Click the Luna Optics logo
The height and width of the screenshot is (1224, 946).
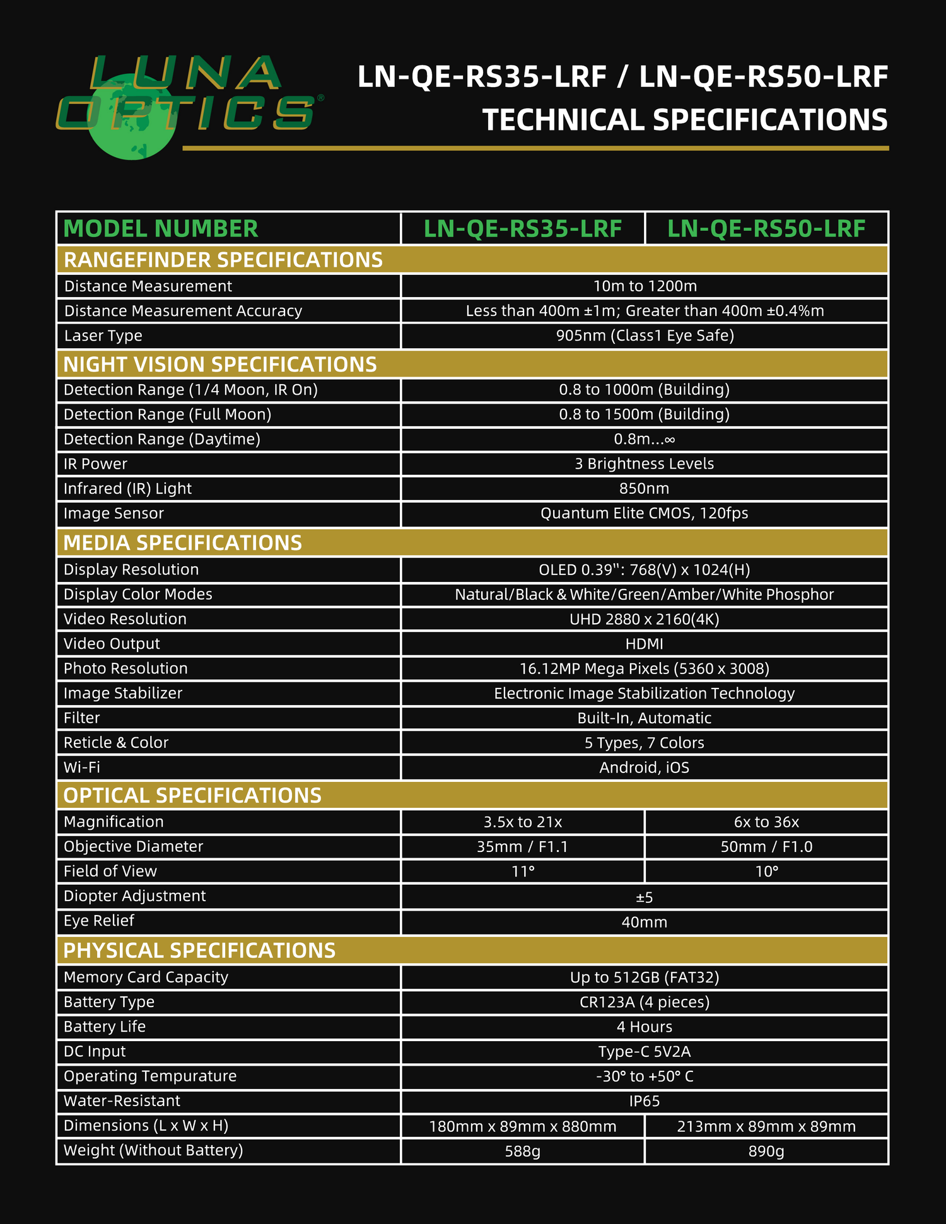[188, 104]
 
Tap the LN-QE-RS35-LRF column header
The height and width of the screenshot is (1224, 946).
[523, 229]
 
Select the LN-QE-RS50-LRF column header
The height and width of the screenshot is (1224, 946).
[766, 229]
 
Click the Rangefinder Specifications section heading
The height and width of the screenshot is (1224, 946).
[223, 260]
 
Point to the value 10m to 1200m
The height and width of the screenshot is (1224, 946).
[645, 286]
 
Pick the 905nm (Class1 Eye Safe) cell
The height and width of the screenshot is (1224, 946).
[645, 335]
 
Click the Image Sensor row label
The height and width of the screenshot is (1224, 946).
[114, 513]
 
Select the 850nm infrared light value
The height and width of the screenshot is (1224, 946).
[644, 489]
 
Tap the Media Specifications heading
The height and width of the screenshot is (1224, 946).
[183, 543]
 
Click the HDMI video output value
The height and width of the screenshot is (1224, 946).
[644, 644]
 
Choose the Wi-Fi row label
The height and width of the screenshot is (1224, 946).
[82, 767]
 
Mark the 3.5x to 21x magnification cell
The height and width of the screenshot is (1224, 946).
[523, 822]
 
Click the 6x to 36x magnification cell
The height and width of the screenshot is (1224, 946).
[766, 822]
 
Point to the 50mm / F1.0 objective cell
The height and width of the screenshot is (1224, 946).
[766, 847]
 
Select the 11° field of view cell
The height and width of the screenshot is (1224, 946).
[523, 871]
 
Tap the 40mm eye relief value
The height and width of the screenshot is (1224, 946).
[644, 923]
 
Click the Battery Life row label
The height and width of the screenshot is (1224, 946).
[105, 1027]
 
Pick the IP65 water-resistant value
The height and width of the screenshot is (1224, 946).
[644, 1101]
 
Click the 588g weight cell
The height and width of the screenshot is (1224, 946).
[523, 1151]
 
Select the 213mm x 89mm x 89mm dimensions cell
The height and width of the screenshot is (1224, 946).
[766, 1126]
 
